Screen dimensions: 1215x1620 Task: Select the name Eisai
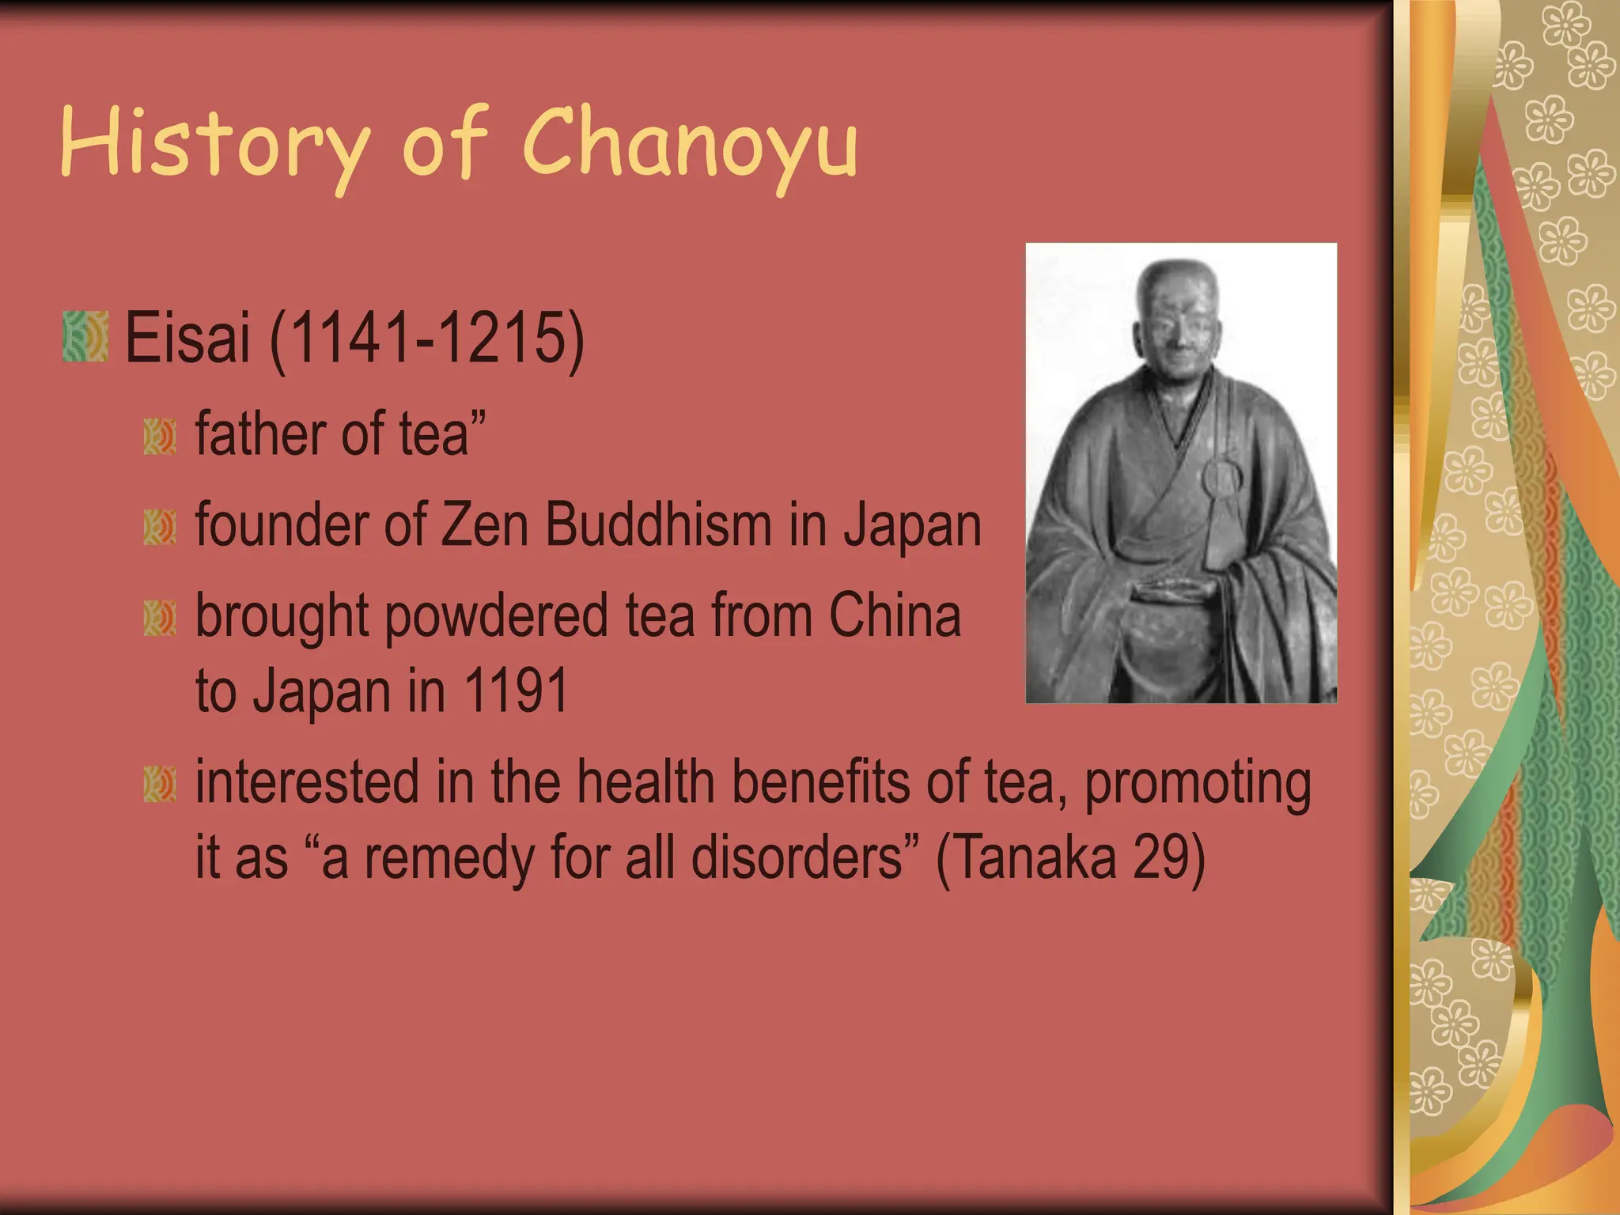tap(187, 339)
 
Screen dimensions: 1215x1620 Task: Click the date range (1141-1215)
tap(427, 339)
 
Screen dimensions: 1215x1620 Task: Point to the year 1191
tap(515, 691)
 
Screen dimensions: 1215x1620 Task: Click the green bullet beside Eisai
tap(85, 337)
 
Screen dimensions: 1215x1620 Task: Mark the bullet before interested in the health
tap(160, 784)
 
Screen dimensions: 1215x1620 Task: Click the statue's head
tap(1177, 316)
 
